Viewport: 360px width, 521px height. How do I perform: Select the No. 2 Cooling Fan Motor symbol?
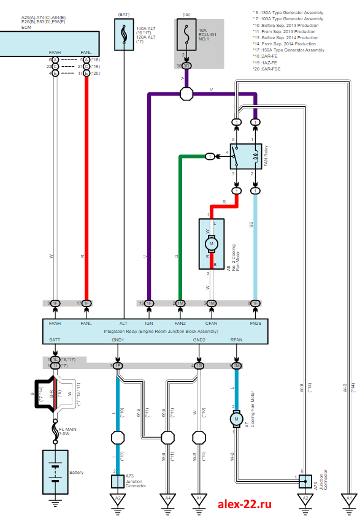click(x=212, y=243)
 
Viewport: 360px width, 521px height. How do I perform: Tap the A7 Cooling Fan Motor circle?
click(x=236, y=419)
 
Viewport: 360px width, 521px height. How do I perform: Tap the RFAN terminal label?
click(x=236, y=340)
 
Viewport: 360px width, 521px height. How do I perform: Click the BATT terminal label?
click(x=55, y=340)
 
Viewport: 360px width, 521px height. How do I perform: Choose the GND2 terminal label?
click(x=199, y=340)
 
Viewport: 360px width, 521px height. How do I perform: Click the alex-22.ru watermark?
click(x=244, y=504)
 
